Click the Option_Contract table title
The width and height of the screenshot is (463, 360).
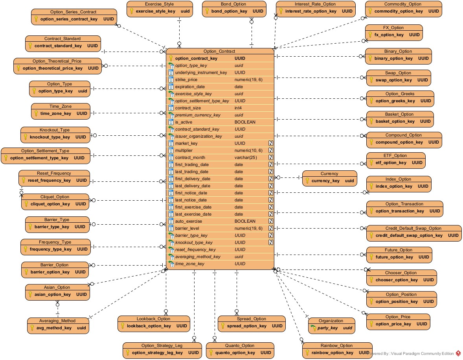[219, 51]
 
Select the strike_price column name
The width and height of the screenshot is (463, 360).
[186, 79]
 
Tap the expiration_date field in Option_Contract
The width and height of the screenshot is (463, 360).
[190, 87]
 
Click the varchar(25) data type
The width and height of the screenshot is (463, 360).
[246, 157]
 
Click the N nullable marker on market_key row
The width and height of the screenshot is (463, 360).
[270, 143]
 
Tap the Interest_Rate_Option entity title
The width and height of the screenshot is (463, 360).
[315, 4]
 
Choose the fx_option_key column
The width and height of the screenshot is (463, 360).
[389, 35]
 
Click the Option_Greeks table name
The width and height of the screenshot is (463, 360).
[400, 94]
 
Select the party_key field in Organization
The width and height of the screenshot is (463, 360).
[328, 328]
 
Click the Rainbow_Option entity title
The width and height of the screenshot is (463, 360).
[337, 345]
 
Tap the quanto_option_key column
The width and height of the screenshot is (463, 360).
[235, 353]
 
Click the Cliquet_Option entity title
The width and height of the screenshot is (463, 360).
[55, 197]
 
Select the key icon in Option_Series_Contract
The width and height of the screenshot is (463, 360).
[36, 19]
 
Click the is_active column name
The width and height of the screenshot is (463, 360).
[184, 122]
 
